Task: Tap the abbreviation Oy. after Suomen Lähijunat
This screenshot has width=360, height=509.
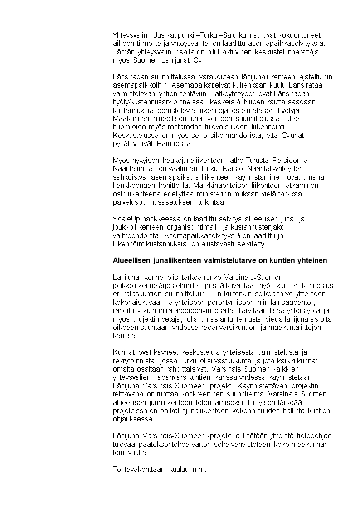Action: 198,60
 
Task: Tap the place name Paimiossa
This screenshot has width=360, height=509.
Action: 175,144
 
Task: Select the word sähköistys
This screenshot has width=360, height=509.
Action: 130,177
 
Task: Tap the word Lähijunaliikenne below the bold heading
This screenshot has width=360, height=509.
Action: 138,277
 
